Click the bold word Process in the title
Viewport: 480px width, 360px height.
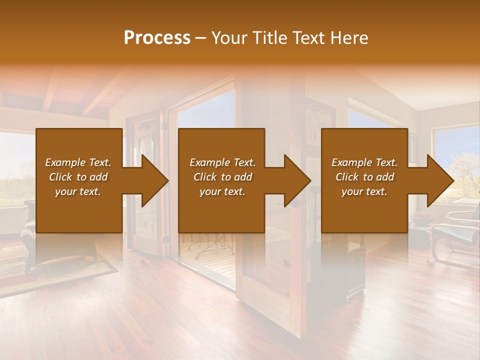[157, 38]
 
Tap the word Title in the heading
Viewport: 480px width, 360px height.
[270, 38]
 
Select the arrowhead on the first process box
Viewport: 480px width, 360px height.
[150, 180]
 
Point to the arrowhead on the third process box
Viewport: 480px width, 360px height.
[436, 180]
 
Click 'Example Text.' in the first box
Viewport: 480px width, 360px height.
[78, 162]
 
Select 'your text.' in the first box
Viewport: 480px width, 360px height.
[78, 191]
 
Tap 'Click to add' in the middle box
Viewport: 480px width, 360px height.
[222, 177]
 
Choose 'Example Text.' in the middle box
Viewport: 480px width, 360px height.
[222, 162]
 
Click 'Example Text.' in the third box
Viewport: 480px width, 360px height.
[364, 162]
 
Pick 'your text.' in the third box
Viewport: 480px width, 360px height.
[364, 191]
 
